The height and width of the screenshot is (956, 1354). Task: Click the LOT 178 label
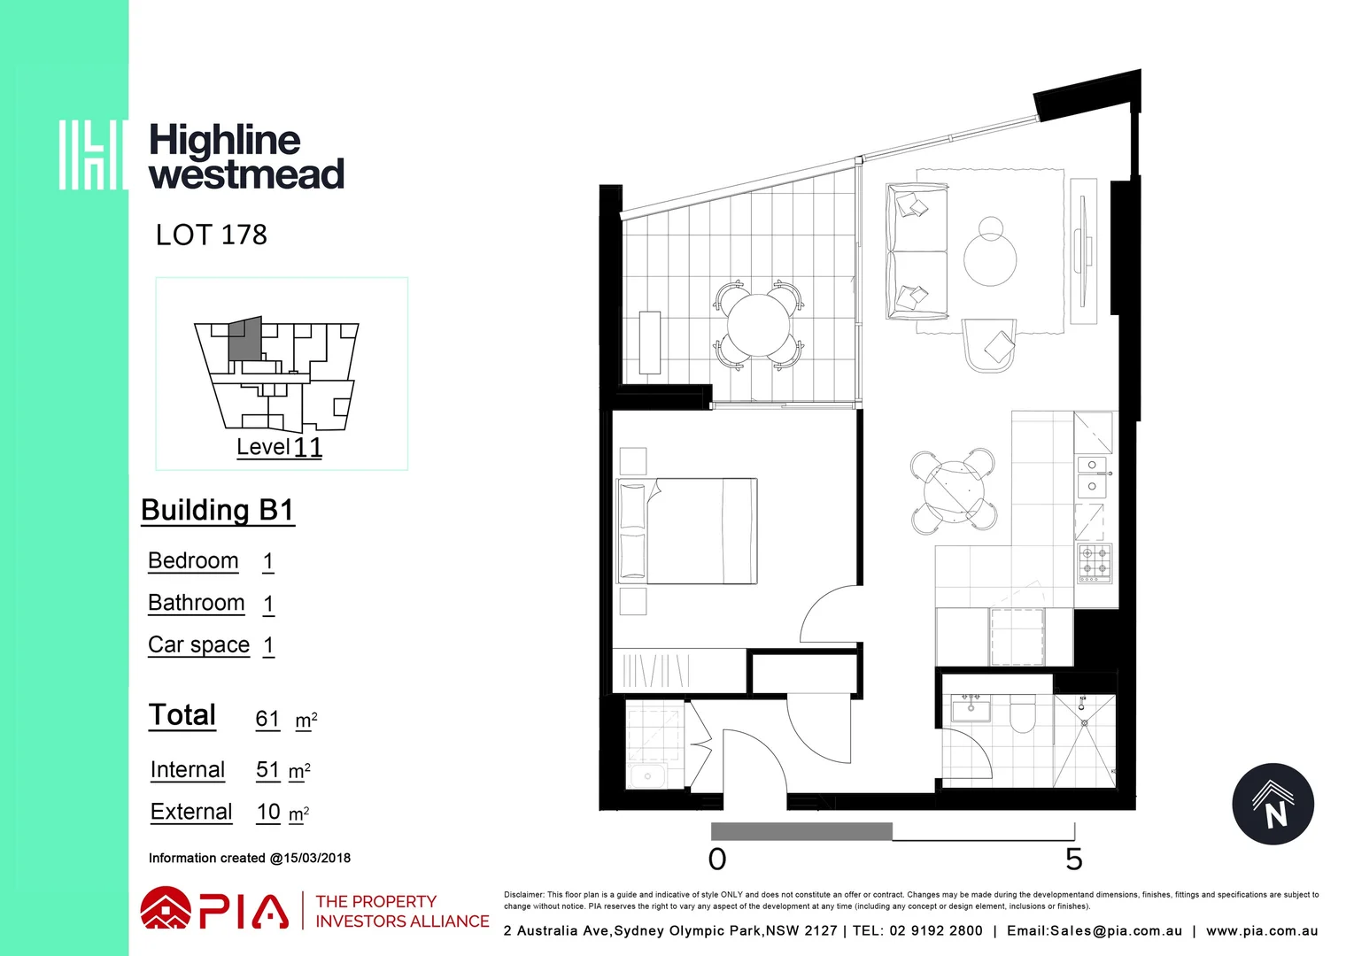click(211, 235)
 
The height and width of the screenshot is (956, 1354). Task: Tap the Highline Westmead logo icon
click(92, 155)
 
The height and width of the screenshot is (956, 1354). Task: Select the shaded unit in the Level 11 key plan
click(245, 338)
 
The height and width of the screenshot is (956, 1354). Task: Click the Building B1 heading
click(217, 510)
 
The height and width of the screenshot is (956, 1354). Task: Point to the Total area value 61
click(267, 719)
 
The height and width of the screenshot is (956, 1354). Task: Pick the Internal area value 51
click(267, 770)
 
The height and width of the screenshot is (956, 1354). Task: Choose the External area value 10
click(268, 812)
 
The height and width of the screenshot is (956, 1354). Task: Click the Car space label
click(198, 644)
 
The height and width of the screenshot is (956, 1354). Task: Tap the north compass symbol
click(1273, 804)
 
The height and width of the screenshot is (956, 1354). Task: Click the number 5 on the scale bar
click(1073, 860)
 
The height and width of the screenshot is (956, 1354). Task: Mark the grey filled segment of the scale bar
click(801, 831)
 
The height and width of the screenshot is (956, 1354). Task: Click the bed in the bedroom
click(688, 531)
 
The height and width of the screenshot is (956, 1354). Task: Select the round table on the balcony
click(757, 325)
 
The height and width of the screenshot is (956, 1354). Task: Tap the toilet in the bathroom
click(1022, 714)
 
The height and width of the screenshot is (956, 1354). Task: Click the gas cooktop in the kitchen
click(1095, 563)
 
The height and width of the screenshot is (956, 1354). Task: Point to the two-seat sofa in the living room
click(917, 252)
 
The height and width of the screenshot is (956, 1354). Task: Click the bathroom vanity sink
click(971, 708)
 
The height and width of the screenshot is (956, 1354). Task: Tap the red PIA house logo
click(166, 909)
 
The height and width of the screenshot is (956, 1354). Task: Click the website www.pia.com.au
click(1261, 930)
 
